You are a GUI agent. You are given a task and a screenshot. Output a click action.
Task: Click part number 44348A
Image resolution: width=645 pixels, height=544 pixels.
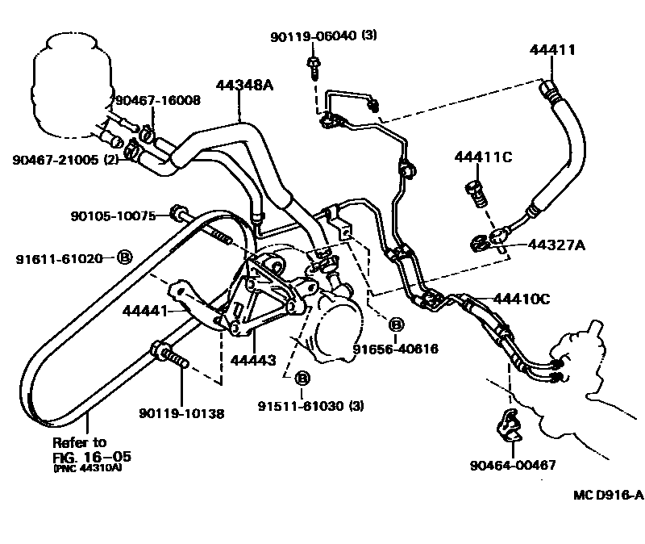[x=243, y=85]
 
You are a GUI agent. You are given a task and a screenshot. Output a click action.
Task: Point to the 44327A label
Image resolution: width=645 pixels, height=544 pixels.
[x=556, y=244]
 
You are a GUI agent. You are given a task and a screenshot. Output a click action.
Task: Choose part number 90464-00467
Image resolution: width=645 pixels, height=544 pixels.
[x=513, y=465]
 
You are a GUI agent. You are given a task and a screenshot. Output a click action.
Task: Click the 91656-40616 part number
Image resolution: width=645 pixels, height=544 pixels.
[x=395, y=349]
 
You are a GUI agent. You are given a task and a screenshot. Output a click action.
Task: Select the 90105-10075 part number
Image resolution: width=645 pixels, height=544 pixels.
[x=116, y=216]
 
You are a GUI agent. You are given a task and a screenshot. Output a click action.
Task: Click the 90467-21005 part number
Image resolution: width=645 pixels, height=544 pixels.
[x=54, y=159]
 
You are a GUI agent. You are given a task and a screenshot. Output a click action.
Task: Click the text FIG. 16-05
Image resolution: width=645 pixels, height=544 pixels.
[x=92, y=457]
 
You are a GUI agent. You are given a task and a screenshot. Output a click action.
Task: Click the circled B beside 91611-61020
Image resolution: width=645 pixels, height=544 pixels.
[x=125, y=258]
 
